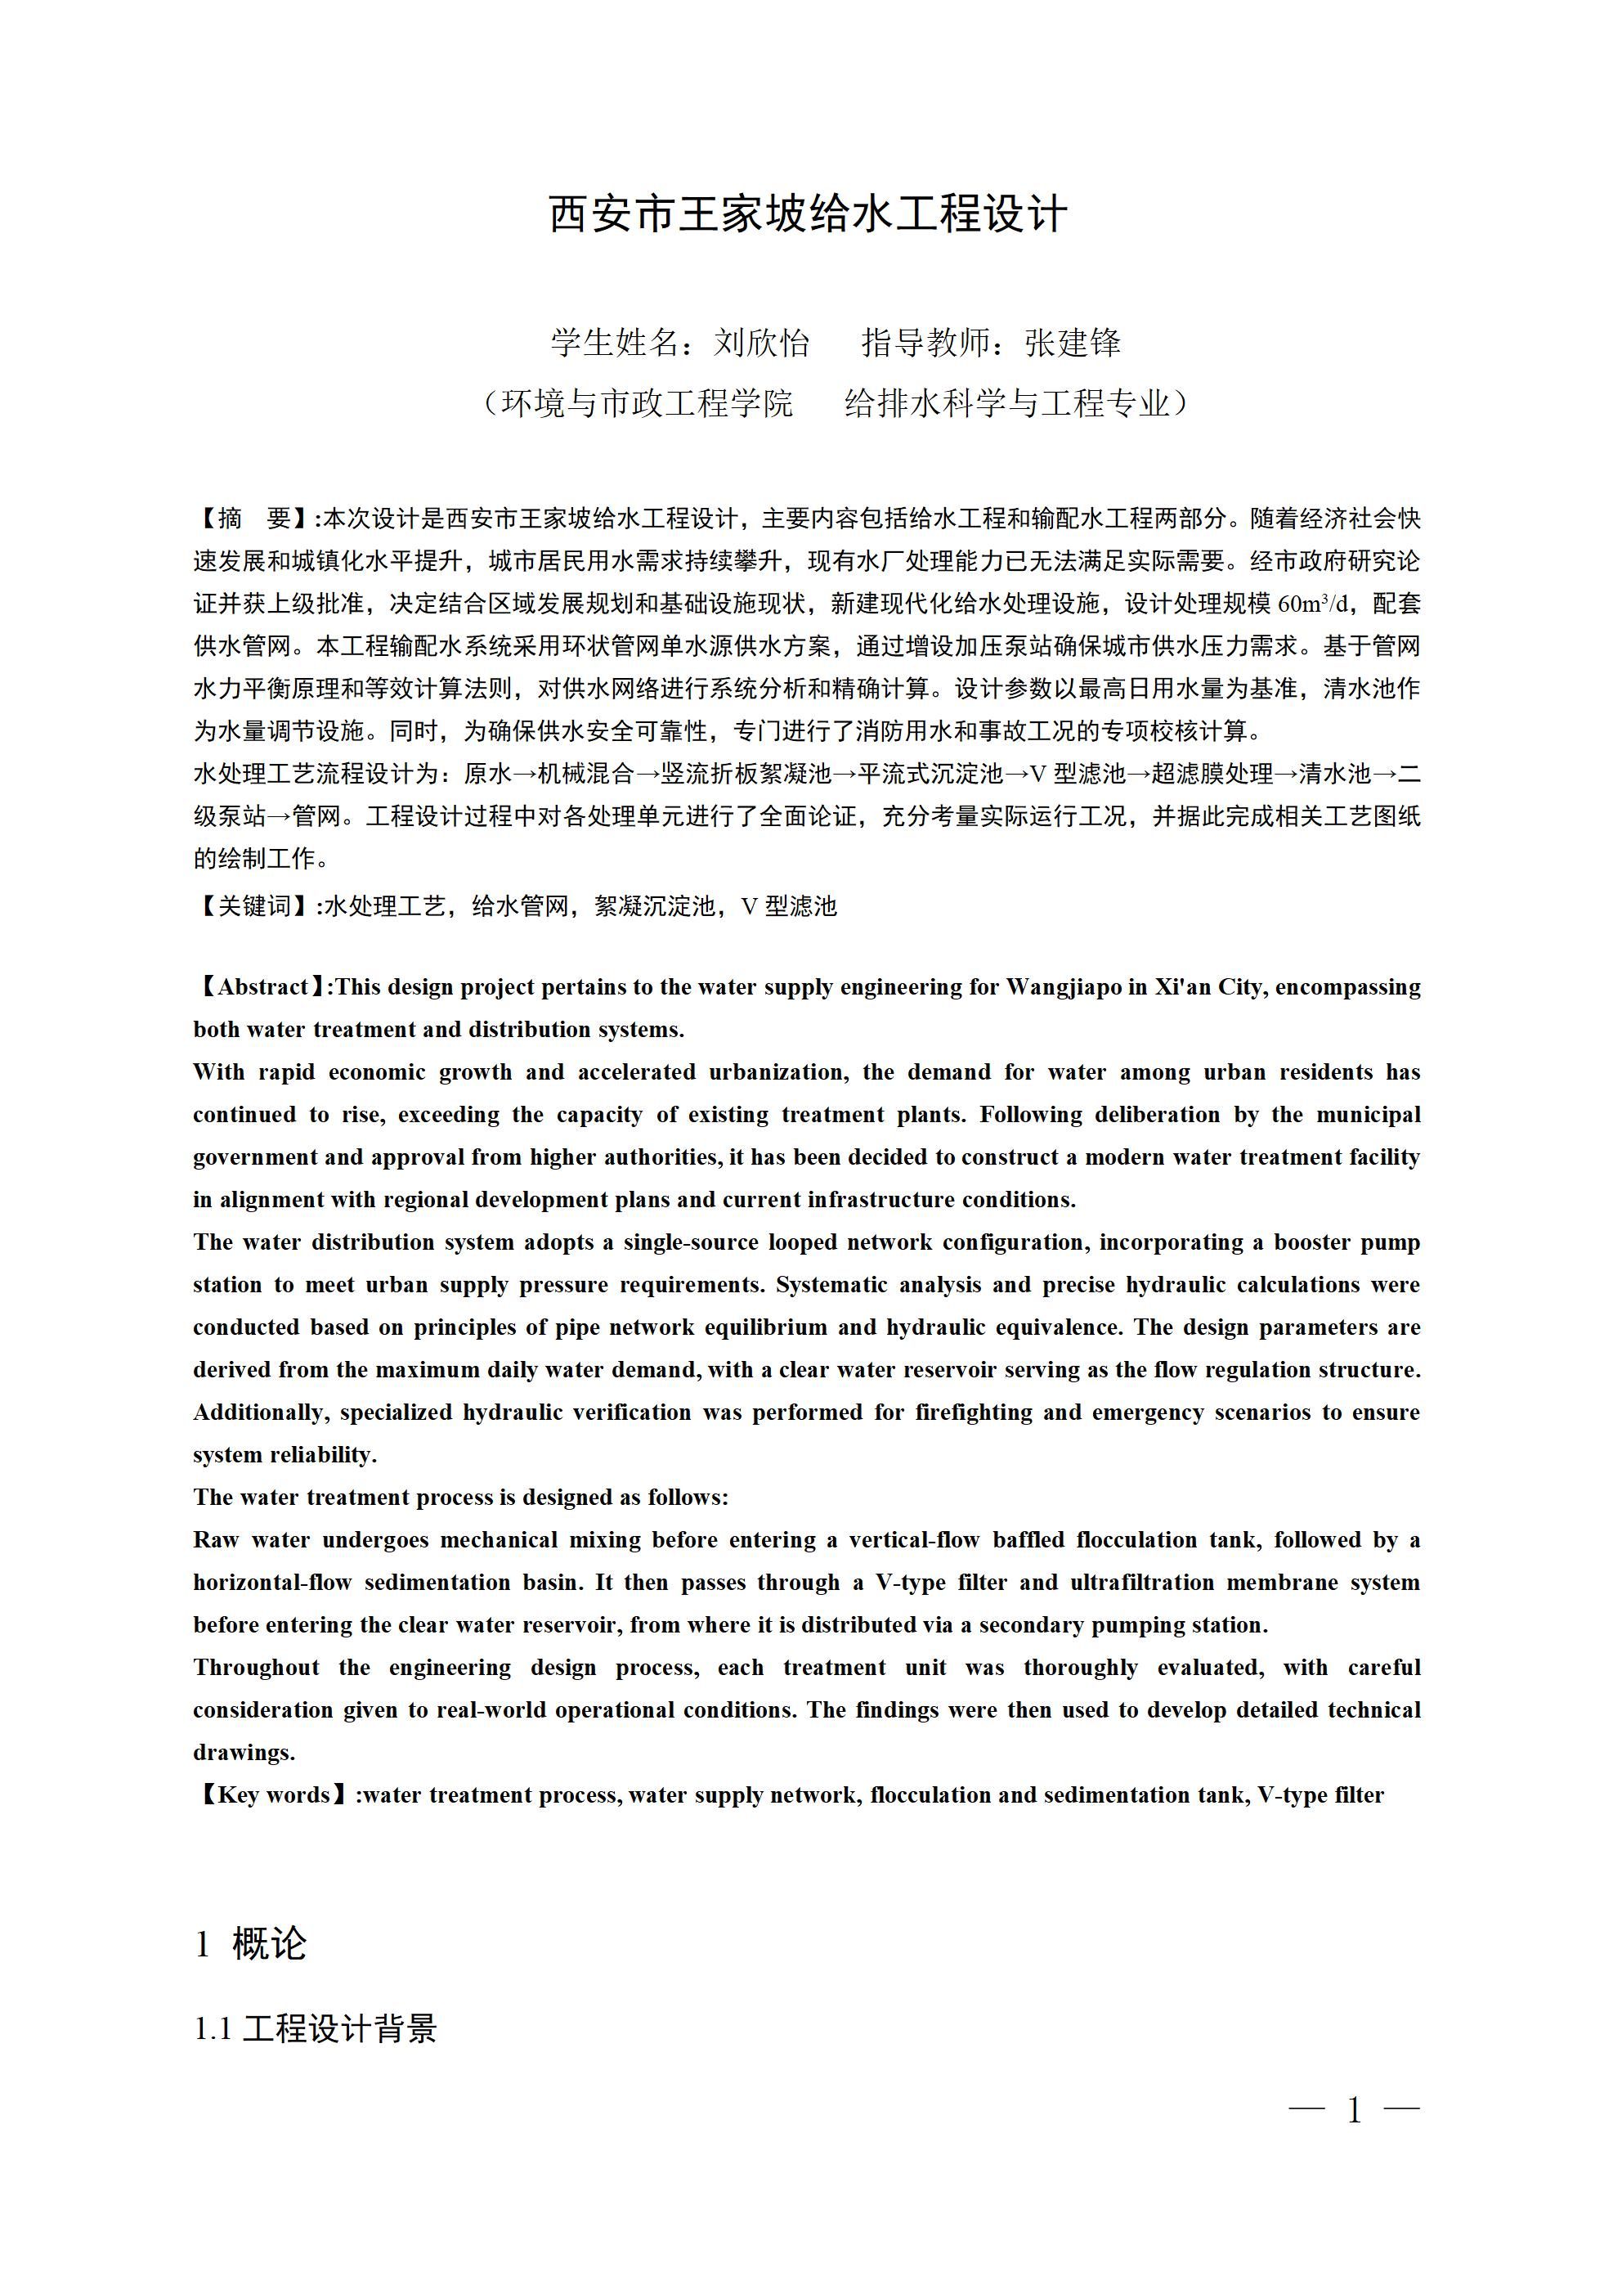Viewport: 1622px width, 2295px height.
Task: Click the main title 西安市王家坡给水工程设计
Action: coord(809,214)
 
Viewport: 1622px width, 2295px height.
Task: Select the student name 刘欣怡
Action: coord(760,343)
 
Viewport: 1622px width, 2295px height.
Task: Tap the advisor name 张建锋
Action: coord(1073,343)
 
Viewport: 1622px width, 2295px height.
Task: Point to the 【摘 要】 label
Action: coord(253,519)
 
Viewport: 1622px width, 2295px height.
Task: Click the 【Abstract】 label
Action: coord(262,987)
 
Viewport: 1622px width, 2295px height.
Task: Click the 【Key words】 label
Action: coord(273,1795)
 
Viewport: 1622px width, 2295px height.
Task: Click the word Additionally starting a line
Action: coord(260,1412)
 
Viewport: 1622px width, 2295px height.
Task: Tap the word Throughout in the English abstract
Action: coord(256,1668)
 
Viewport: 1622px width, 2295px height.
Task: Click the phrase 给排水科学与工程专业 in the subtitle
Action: coord(1006,404)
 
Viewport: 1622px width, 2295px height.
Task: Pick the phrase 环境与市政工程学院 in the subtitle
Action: coord(647,404)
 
